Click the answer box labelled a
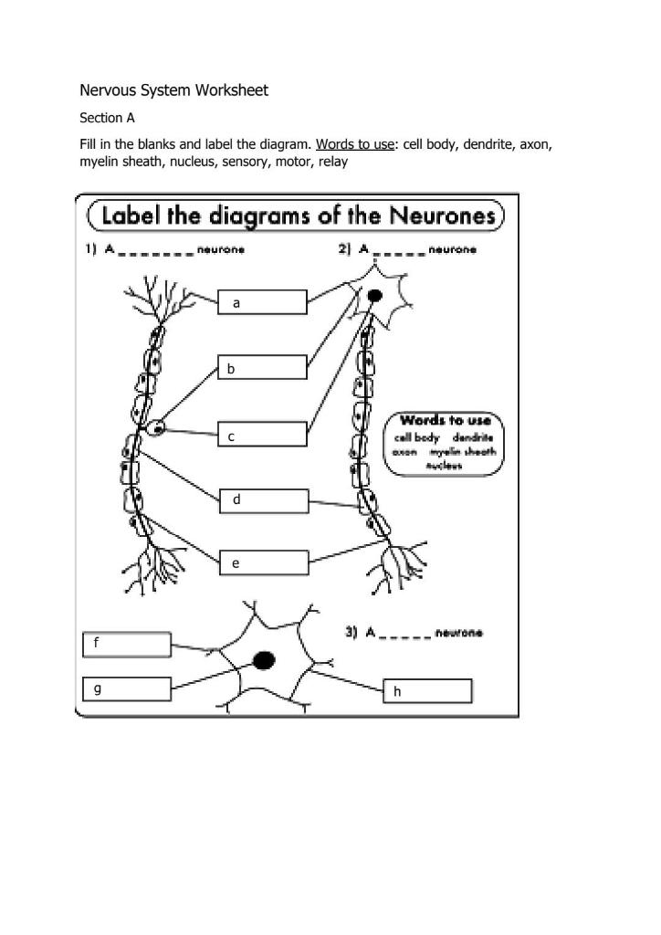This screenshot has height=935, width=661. point(262,302)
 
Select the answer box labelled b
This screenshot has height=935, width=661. point(262,368)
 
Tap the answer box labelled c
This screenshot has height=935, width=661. point(262,435)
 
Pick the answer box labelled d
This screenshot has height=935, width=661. point(265,500)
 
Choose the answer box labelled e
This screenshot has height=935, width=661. point(265,563)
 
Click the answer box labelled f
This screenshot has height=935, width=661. point(126,644)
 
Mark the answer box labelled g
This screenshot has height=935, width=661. point(126,688)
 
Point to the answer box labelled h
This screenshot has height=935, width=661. point(427,691)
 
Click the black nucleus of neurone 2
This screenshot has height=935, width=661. point(374,296)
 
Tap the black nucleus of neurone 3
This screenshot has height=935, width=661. point(264,660)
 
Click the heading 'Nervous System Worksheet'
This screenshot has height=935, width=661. point(173,90)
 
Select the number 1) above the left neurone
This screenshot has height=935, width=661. point(91,249)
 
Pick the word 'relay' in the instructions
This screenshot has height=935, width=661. point(333,162)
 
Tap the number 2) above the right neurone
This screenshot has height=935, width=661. point(344,249)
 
